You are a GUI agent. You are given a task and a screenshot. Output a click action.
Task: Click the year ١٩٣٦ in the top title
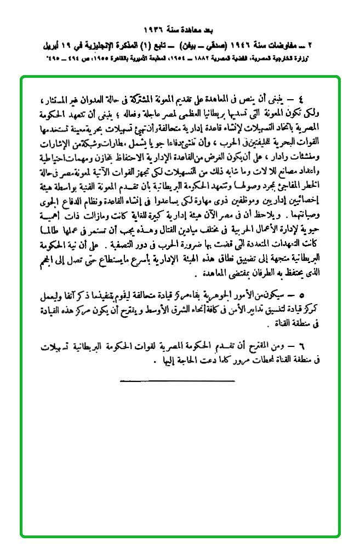[x=152, y=28]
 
